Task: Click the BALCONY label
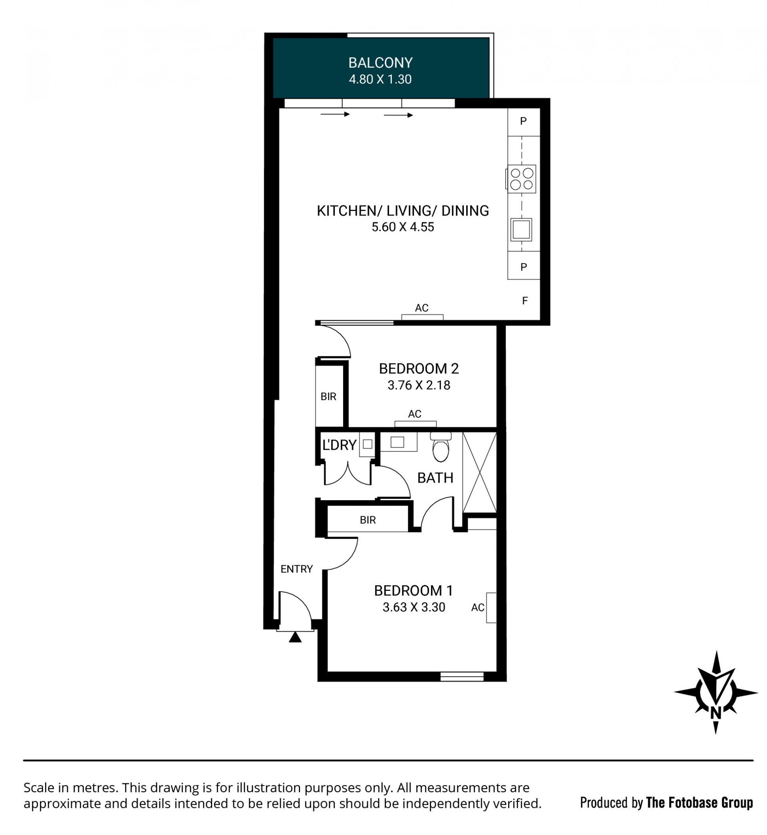pos(380,63)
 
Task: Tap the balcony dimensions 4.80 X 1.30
pos(380,79)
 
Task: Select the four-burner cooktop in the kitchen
pos(521,179)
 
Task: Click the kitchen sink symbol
pos(521,229)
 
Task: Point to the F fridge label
pos(525,300)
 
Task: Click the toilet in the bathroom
pos(441,447)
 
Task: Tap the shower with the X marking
pos(479,472)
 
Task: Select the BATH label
pos(435,478)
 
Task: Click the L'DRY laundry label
pos(340,445)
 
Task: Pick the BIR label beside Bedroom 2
pos(328,397)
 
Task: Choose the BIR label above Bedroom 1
pos(368,520)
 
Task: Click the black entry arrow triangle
pos(295,637)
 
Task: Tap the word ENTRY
pos(296,569)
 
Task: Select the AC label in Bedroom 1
pos(478,608)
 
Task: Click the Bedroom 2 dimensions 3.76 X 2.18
pos(419,385)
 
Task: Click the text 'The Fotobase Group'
pos(700,803)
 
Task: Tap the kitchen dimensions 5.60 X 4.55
pos(403,227)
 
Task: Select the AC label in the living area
pos(422,308)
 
